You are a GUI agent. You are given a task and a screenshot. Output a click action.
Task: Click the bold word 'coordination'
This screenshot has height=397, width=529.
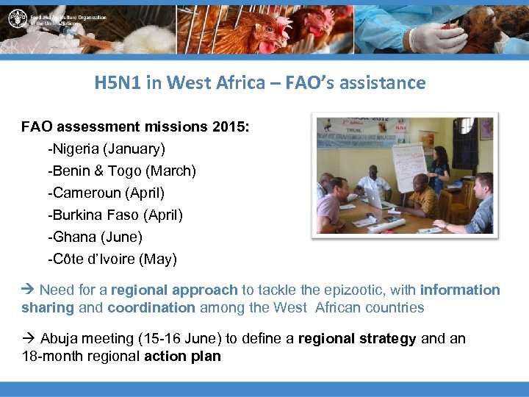(x=151, y=307)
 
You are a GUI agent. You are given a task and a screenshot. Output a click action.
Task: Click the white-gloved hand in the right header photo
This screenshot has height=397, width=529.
(x=433, y=37)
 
